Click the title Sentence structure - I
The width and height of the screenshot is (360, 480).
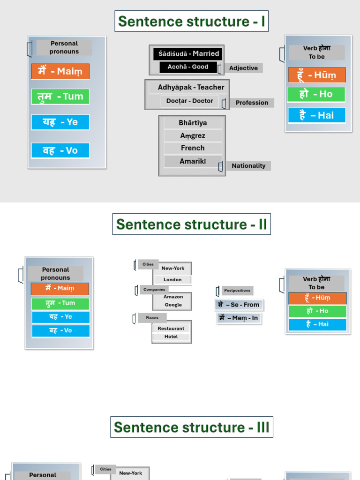[x=192, y=22]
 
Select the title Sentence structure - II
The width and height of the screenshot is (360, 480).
[x=192, y=225]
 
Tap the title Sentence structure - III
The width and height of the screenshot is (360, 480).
[x=192, y=427]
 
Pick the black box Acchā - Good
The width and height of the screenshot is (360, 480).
[x=188, y=67]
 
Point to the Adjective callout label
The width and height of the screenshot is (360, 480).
[x=243, y=68]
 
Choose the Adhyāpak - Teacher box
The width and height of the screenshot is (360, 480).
[x=191, y=87]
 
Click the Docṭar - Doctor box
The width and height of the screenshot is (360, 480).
[x=189, y=101]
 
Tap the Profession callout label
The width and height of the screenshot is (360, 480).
[x=252, y=103]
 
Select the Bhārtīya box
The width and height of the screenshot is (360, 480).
[x=193, y=123]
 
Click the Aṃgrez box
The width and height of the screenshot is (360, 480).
[x=193, y=135]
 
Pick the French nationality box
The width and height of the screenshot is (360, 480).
[x=193, y=148]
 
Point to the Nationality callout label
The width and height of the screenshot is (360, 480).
[x=248, y=165]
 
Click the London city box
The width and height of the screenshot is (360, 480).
[x=172, y=279]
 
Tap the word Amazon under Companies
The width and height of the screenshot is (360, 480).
[x=173, y=297]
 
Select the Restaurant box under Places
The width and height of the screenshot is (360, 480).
[x=171, y=329]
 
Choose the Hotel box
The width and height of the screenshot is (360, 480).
[x=171, y=337]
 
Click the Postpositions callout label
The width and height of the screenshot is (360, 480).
[x=237, y=291]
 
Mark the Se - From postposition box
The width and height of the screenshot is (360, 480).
[x=239, y=305]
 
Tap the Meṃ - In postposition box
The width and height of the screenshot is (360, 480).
[x=239, y=318]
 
